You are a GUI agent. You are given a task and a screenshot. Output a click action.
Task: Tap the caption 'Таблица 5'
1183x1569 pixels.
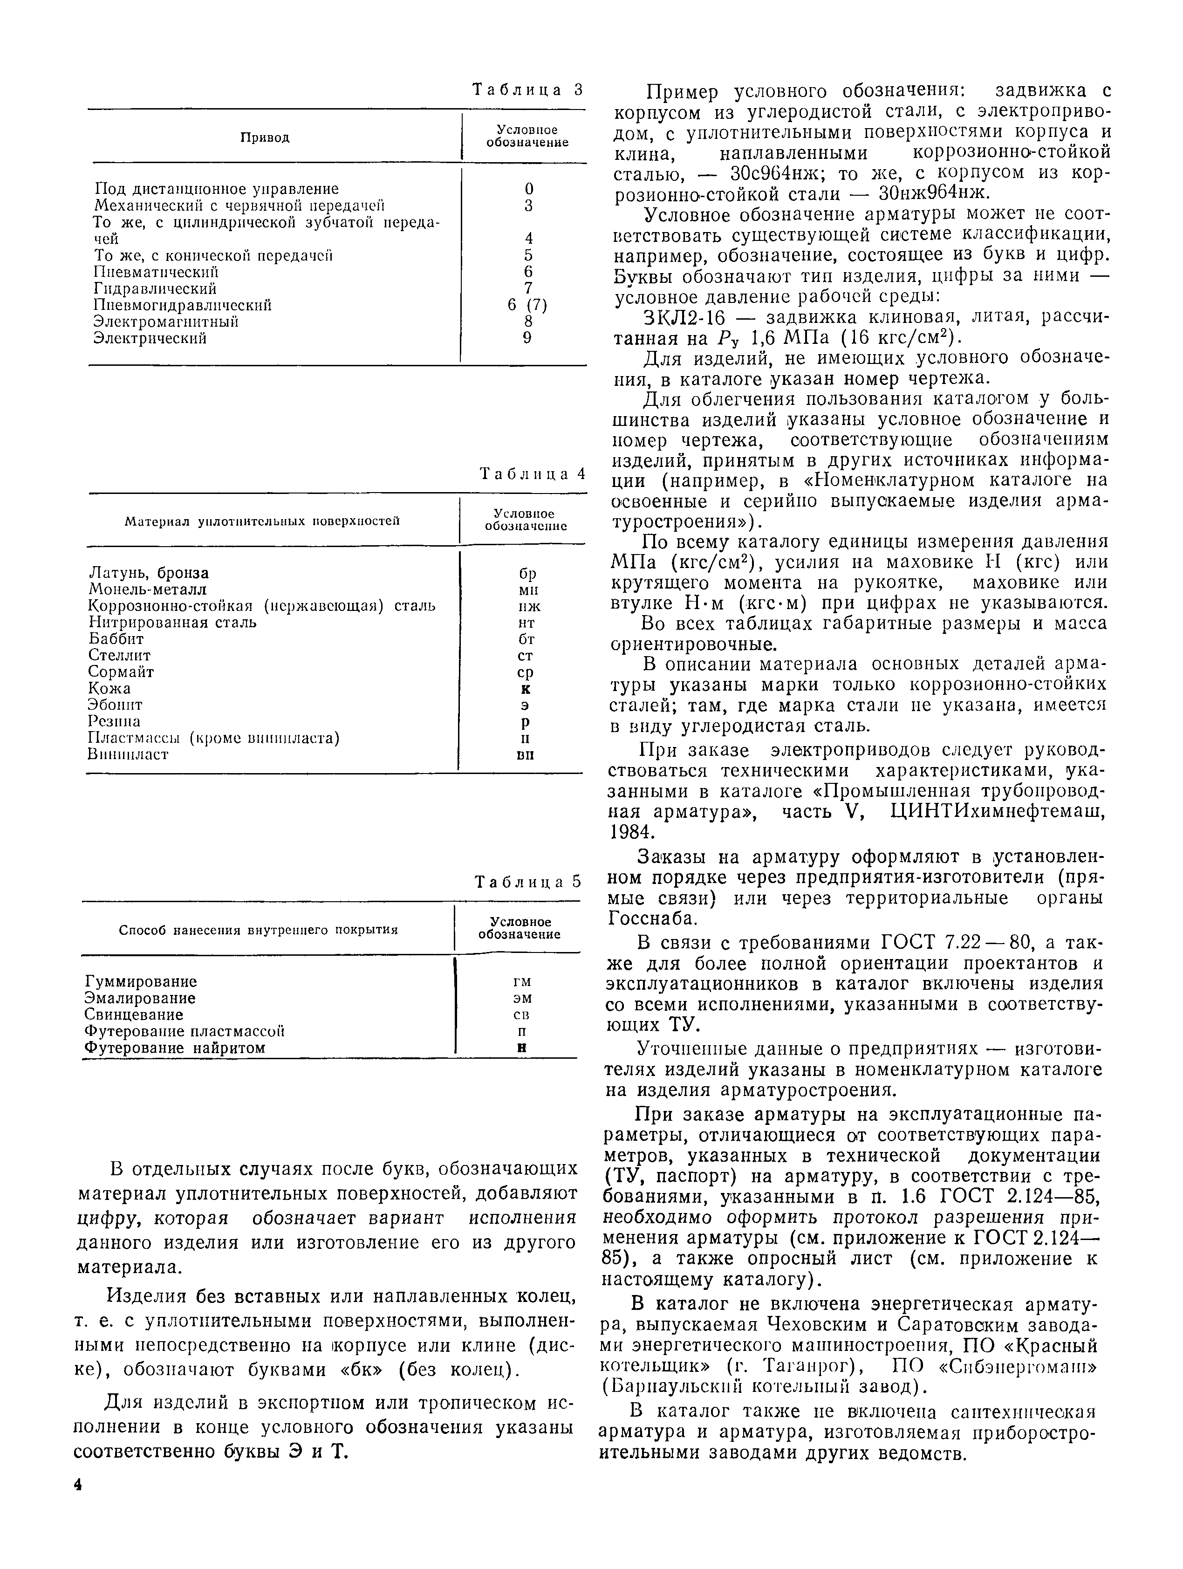tap(528, 882)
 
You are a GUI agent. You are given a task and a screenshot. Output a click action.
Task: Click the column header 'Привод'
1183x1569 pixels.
tap(265, 137)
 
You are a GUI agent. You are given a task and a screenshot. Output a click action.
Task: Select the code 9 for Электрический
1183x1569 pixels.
tap(527, 338)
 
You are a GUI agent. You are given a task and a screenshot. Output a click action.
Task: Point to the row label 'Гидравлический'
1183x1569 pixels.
tap(155, 289)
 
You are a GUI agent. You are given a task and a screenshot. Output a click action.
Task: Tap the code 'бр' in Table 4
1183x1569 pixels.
tap(527, 573)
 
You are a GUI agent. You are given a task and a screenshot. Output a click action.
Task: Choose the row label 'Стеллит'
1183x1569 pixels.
tap(119, 655)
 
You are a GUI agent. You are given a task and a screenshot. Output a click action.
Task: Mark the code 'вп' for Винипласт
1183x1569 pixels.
tap(526, 755)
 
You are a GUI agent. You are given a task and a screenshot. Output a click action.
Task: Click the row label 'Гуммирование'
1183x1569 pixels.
tap(140, 982)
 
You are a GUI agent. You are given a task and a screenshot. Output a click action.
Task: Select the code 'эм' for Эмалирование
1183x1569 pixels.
tap(522, 998)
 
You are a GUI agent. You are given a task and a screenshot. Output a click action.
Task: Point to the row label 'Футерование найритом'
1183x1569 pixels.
tap(174, 1048)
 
